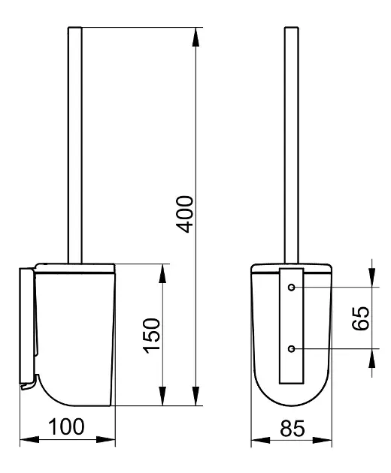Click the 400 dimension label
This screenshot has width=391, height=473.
click(x=185, y=214)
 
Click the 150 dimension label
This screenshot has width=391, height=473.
click(x=152, y=336)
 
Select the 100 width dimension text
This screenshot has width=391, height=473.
click(x=66, y=426)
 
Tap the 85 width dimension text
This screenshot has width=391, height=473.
click(x=292, y=429)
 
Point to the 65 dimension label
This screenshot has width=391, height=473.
click(x=360, y=318)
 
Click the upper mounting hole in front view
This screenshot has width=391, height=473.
click(x=291, y=287)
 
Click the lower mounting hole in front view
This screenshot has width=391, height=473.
click(x=291, y=348)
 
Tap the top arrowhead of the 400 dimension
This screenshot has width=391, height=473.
click(x=195, y=37)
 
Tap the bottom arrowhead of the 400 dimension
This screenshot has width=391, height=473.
click(x=195, y=396)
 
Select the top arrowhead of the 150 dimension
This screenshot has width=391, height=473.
click(x=162, y=273)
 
